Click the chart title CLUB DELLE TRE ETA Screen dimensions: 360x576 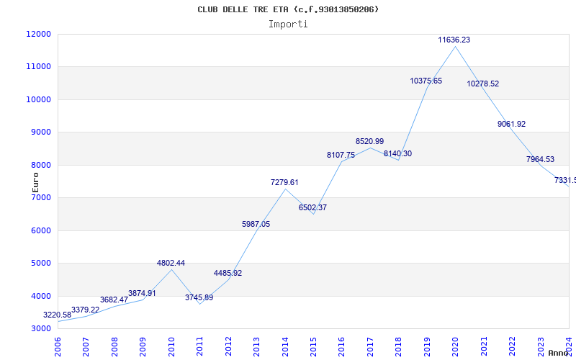(288, 9)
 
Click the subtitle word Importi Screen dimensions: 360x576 (288, 24)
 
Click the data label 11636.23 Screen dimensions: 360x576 (454, 40)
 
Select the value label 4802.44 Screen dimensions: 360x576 (171, 264)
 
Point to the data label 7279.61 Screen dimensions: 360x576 (284, 183)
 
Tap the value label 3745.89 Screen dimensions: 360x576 (199, 297)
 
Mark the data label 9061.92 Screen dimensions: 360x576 (511, 125)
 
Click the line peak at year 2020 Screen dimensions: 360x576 (455, 46)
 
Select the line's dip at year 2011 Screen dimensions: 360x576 (199, 304)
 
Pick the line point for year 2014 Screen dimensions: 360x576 (285, 189)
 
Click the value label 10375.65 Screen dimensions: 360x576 (426, 81)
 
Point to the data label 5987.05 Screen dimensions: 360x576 (256, 225)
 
